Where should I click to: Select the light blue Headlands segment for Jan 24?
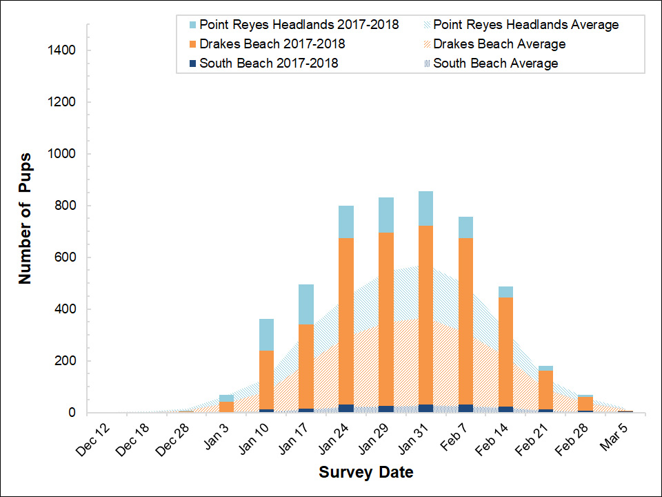346,222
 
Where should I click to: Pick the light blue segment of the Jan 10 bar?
266,335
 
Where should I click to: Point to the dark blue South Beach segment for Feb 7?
466,409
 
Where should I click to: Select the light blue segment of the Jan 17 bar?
306,304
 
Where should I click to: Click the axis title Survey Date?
366,473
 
